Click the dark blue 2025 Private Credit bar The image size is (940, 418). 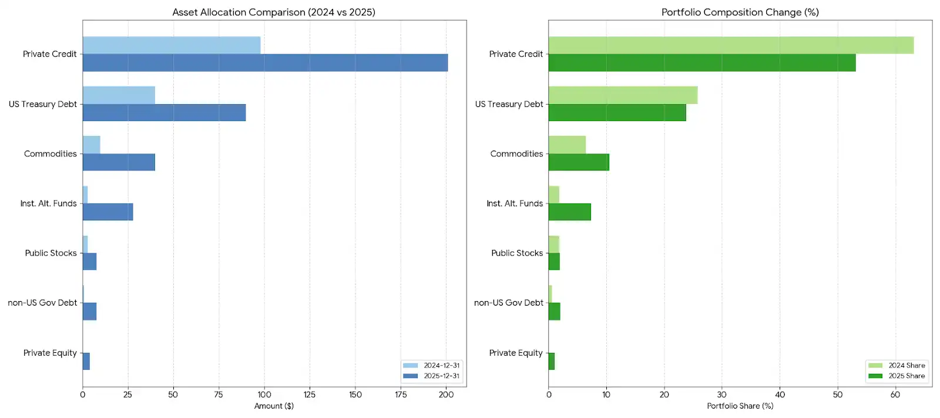(x=264, y=63)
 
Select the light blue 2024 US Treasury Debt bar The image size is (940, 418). (x=119, y=95)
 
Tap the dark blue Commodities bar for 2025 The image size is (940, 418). (x=119, y=162)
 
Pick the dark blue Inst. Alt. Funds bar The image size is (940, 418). (x=108, y=212)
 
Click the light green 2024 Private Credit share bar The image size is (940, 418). (x=730, y=45)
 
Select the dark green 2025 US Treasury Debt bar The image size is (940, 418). (x=617, y=113)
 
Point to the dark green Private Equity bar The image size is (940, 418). (x=551, y=361)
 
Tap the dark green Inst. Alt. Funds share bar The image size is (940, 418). (x=569, y=212)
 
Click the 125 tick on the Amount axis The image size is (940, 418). (x=310, y=394)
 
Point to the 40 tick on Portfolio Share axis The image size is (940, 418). (x=780, y=394)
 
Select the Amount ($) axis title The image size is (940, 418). (x=274, y=406)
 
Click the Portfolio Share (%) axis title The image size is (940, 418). (x=740, y=406)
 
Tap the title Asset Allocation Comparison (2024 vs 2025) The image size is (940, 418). (x=274, y=12)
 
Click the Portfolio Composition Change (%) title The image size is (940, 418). (x=740, y=12)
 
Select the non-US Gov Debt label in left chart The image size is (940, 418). (x=42, y=303)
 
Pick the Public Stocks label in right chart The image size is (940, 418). (x=517, y=253)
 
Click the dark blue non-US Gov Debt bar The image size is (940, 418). (x=89, y=312)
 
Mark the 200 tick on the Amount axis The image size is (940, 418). (x=446, y=394)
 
